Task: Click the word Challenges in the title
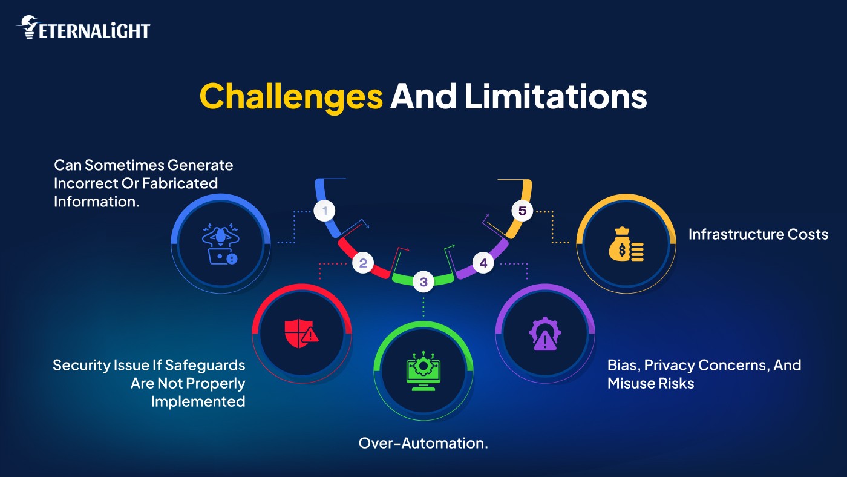291,96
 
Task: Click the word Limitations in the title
555,96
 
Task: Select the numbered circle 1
324,211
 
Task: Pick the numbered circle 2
363,263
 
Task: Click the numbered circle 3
423,281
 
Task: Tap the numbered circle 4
483,263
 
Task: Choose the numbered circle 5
522,211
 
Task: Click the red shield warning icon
301,331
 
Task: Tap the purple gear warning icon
544,333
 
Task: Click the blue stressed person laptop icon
220,244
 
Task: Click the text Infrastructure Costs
758,234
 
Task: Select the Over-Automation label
423,443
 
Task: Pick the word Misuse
630,383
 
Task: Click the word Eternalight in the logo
94,30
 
